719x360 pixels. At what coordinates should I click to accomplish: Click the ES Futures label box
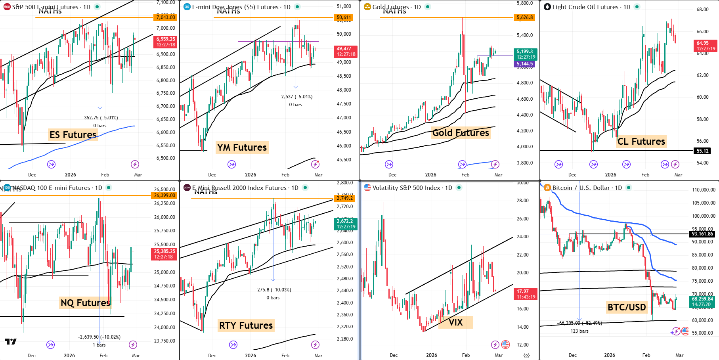coord(73,135)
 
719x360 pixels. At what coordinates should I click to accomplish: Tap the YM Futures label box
coord(242,147)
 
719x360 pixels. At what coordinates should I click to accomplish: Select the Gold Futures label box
coord(461,133)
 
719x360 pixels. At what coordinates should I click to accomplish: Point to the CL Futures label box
coord(641,142)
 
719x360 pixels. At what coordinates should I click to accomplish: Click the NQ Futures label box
coord(85,303)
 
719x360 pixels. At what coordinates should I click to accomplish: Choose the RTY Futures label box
coord(246,326)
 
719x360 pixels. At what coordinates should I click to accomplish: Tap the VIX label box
coord(456,322)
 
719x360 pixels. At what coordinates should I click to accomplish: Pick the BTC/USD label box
coord(627,307)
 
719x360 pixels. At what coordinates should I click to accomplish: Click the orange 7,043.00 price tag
coord(165,17)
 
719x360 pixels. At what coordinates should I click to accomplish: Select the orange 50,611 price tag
coord(344,17)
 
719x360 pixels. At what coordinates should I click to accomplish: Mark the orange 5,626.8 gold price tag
coord(525,17)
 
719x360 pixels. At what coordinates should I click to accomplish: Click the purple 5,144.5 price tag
coord(525,64)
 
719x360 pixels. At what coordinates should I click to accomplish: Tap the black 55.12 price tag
coord(702,151)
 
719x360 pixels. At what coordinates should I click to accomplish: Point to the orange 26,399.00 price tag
coord(164,195)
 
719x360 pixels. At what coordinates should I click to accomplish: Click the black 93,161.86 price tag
coord(702,234)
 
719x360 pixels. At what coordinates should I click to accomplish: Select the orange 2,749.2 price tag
coord(344,198)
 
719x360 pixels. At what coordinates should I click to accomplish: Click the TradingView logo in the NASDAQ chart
coord(11,341)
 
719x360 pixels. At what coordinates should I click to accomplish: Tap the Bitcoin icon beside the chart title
coord(547,188)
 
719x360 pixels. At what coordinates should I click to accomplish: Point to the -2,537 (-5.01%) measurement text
coord(296,97)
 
